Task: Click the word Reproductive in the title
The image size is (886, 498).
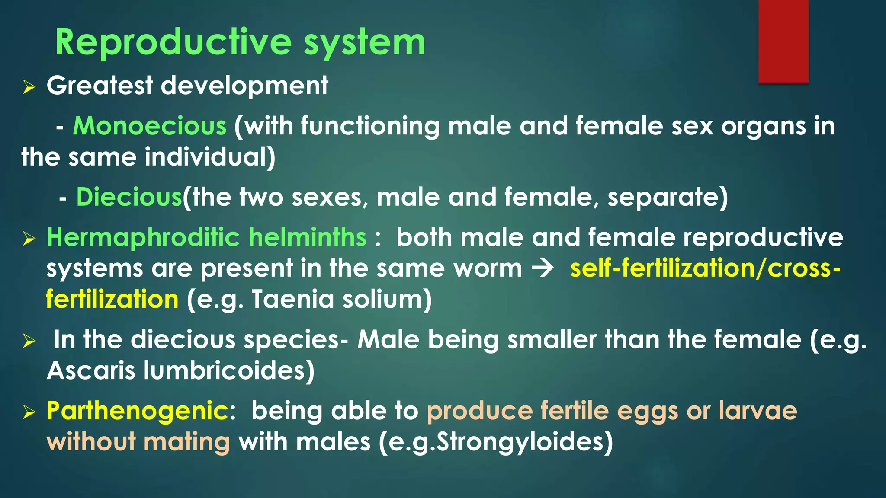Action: (x=173, y=42)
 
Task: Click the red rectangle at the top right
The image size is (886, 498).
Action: (x=783, y=41)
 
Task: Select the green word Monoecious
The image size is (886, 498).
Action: (x=150, y=126)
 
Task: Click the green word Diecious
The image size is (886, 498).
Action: (x=129, y=197)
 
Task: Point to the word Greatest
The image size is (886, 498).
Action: (x=100, y=86)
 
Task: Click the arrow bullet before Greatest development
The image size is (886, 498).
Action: (x=29, y=88)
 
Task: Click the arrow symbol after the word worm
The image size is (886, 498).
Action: (x=543, y=268)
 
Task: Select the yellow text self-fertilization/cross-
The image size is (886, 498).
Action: (x=705, y=268)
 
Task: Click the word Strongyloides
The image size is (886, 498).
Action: (x=523, y=442)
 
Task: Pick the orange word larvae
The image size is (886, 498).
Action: (x=758, y=411)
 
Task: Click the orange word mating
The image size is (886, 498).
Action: (x=186, y=442)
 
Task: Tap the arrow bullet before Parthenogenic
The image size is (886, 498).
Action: (x=29, y=412)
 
